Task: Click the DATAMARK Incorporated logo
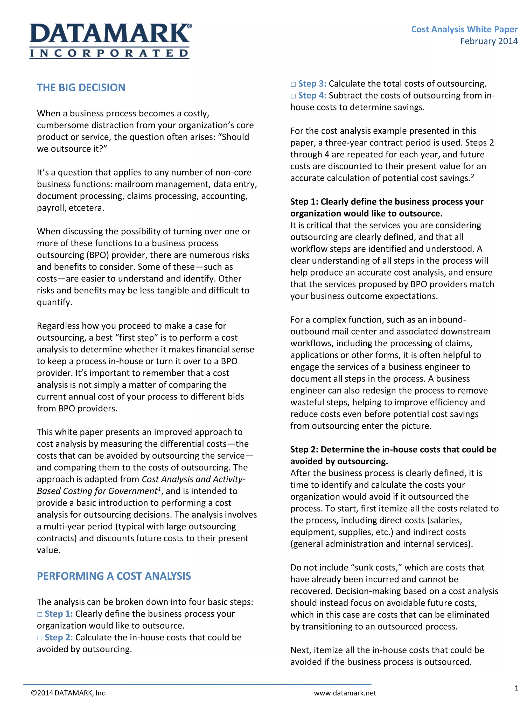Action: coord(110,41)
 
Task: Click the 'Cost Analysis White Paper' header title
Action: coord(464,30)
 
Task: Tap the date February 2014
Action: coord(488,41)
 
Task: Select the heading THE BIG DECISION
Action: coord(81,87)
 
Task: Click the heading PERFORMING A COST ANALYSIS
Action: coord(114,576)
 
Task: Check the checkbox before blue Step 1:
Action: coord(40,614)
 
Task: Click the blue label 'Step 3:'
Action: coord(312,84)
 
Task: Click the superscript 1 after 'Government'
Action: coord(159,488)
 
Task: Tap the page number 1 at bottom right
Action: coord(516,688)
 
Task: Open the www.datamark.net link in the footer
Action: coord(345,693)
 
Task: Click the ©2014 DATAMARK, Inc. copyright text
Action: coord(69,693)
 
